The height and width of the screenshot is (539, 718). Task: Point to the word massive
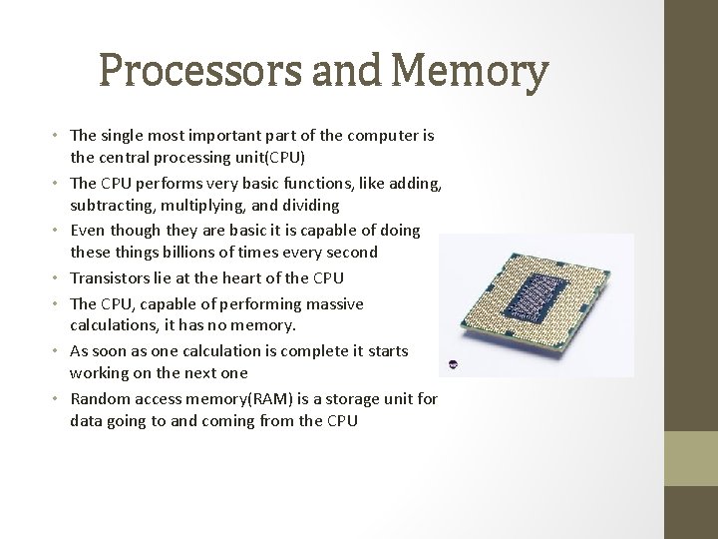pyautogui.click(x=333, y=302)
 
